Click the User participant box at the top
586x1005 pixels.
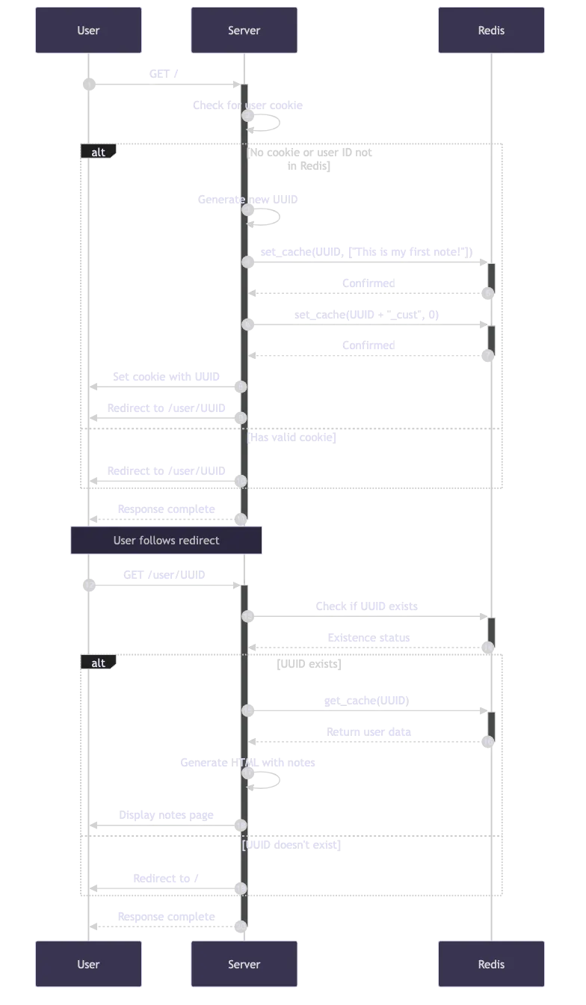click(x=88, y=31)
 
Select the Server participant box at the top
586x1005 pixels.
click(x=244, y=31)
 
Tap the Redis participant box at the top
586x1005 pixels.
click(x=491, y=31)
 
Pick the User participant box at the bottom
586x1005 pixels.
click(x=88, y=964)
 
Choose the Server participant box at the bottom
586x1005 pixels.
click(x=244, y=964)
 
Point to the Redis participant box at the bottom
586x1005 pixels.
click(x=491, y=964)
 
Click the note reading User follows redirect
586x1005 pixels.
click(x=166, y=540)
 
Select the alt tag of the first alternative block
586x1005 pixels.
click(x=98, y=153)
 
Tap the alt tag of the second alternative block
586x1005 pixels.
click(x=98, y=663)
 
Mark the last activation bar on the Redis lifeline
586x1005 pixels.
click(x=491, y=727)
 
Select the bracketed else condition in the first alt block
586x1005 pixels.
click(x=293, y=437)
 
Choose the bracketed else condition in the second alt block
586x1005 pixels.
click(x=292, y=845)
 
